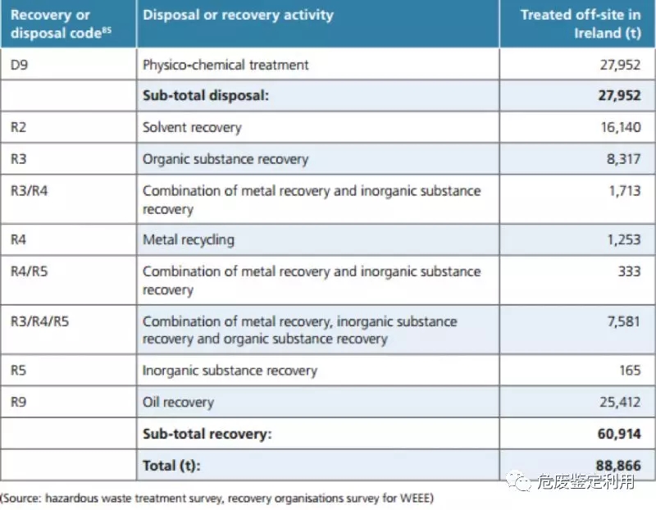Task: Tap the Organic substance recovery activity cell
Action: coord(225,159)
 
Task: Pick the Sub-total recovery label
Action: coord(207,434)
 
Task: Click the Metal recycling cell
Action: coord(188,239)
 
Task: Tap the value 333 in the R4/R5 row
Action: coord(629,271)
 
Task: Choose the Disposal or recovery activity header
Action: coord(238,15)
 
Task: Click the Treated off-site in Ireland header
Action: coord(581,25)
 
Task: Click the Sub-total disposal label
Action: coord(206,96)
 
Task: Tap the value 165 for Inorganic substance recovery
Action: coord(630,370)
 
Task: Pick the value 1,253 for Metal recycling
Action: coord(623,239)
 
